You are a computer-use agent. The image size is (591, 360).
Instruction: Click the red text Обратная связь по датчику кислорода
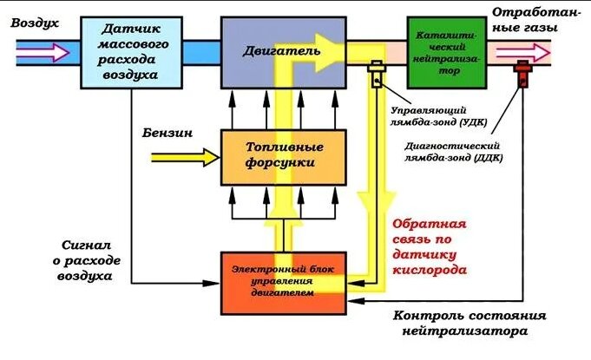(431, 245)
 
